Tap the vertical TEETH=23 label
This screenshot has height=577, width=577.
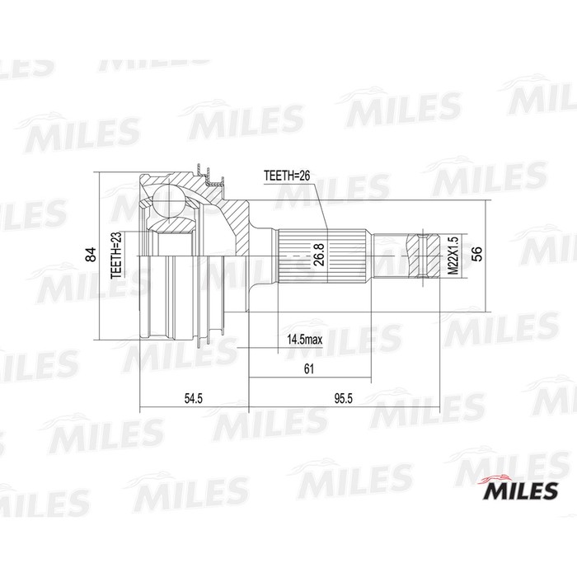pyautogui.click(x=117, y=256)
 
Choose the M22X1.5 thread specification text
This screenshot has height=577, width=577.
pyautogui.click(x=451, y=256)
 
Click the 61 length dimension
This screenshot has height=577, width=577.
pyautogui.click(x=309, y=369)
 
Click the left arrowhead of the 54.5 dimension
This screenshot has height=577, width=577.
pyautogui.click(x=143, y=408)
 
